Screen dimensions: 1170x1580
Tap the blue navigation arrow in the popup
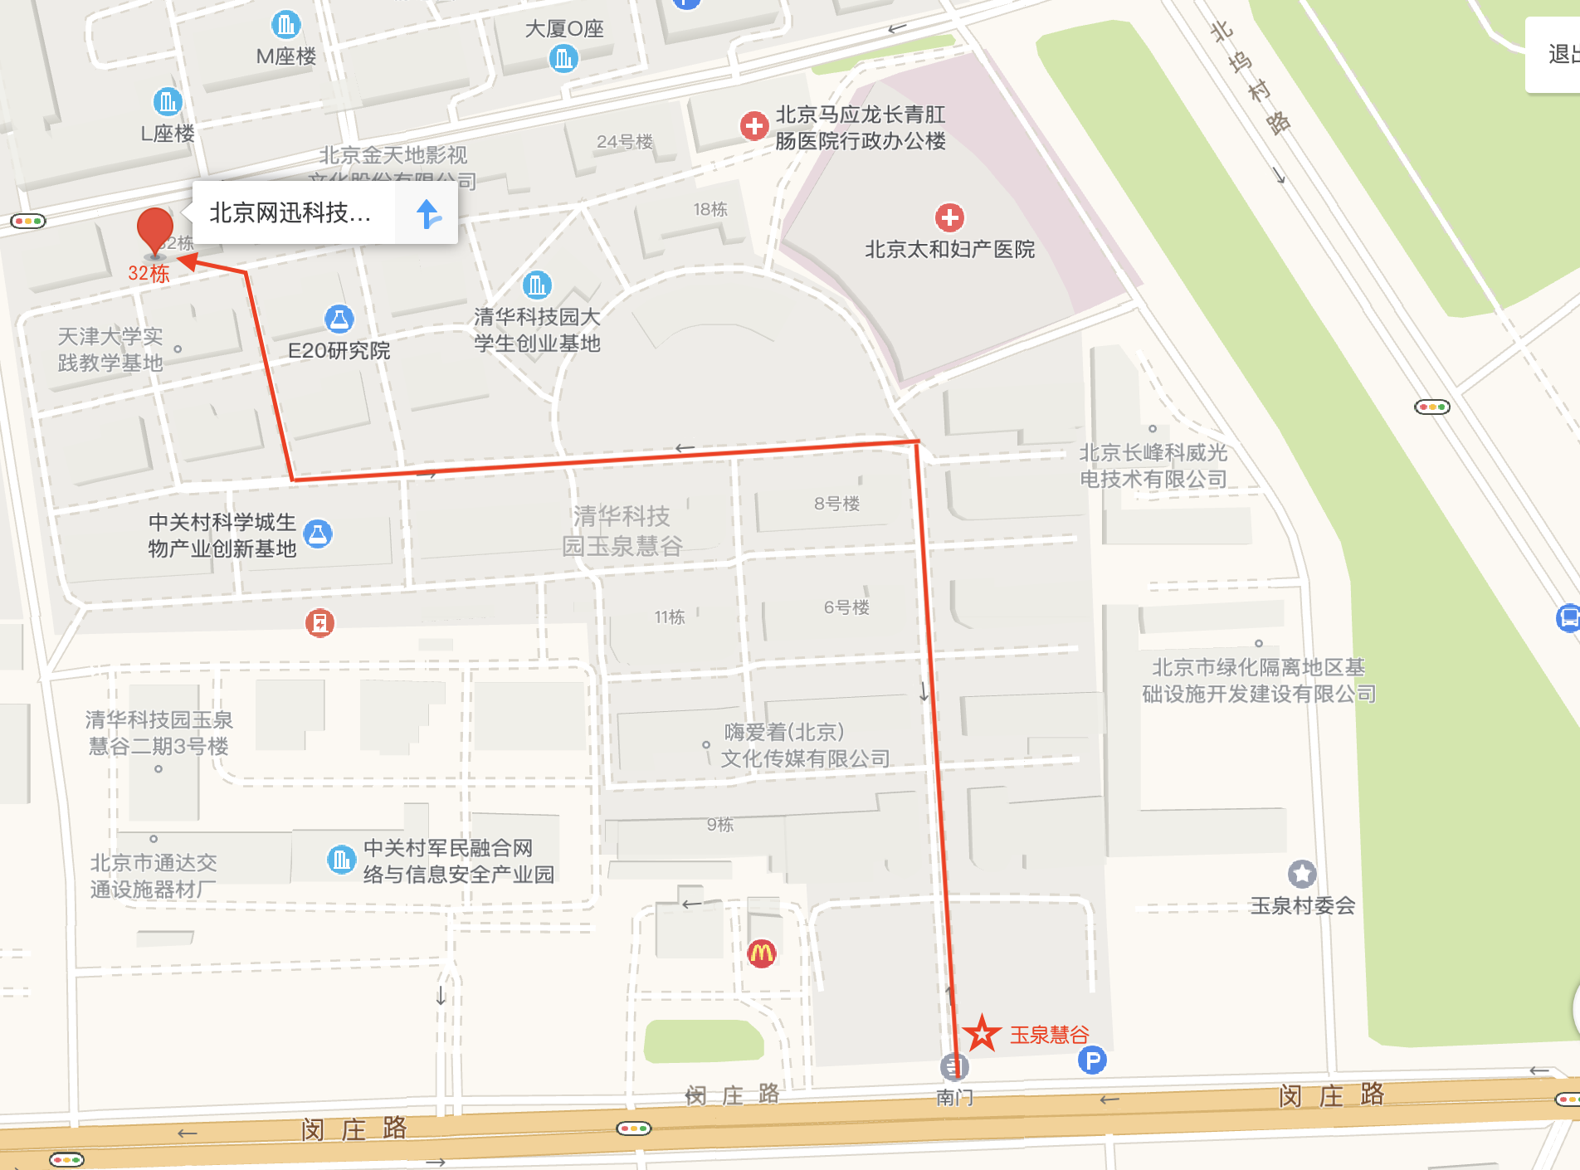click(x=428, y=214)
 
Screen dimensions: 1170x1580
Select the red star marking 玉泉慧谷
click(x=982, y=1033)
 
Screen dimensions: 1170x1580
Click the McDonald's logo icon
click(x=761, y=953)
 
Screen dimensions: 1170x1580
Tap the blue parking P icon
click(x=1092, y=1060)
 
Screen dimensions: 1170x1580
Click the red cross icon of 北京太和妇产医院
click(x=949, y=218)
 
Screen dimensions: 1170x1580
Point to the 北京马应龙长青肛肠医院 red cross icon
click(x=753, y=126)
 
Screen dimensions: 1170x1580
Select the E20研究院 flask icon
click(x=339, y=319)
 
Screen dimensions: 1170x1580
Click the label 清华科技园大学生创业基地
click(x=537, y=329)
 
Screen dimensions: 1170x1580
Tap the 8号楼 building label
click(x=836, y=504)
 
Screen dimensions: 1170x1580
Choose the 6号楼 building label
click(x=846, y=607)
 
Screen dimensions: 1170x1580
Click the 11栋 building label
click(x=669, y=617)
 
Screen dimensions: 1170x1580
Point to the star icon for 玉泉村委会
click(x=1301, y=874)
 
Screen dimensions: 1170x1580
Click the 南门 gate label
click(x=954, y=1097)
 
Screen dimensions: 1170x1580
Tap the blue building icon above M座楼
click(x=285, y=25)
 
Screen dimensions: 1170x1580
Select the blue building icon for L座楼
click(x=168, y=102)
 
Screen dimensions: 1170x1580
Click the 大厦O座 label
click(x=564, y=29)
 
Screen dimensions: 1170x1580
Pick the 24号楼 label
click(x=625, y=142)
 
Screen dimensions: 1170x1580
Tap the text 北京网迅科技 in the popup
click(x=290, y=213)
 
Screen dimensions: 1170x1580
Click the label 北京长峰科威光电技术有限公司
click(x=1153, y=466)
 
